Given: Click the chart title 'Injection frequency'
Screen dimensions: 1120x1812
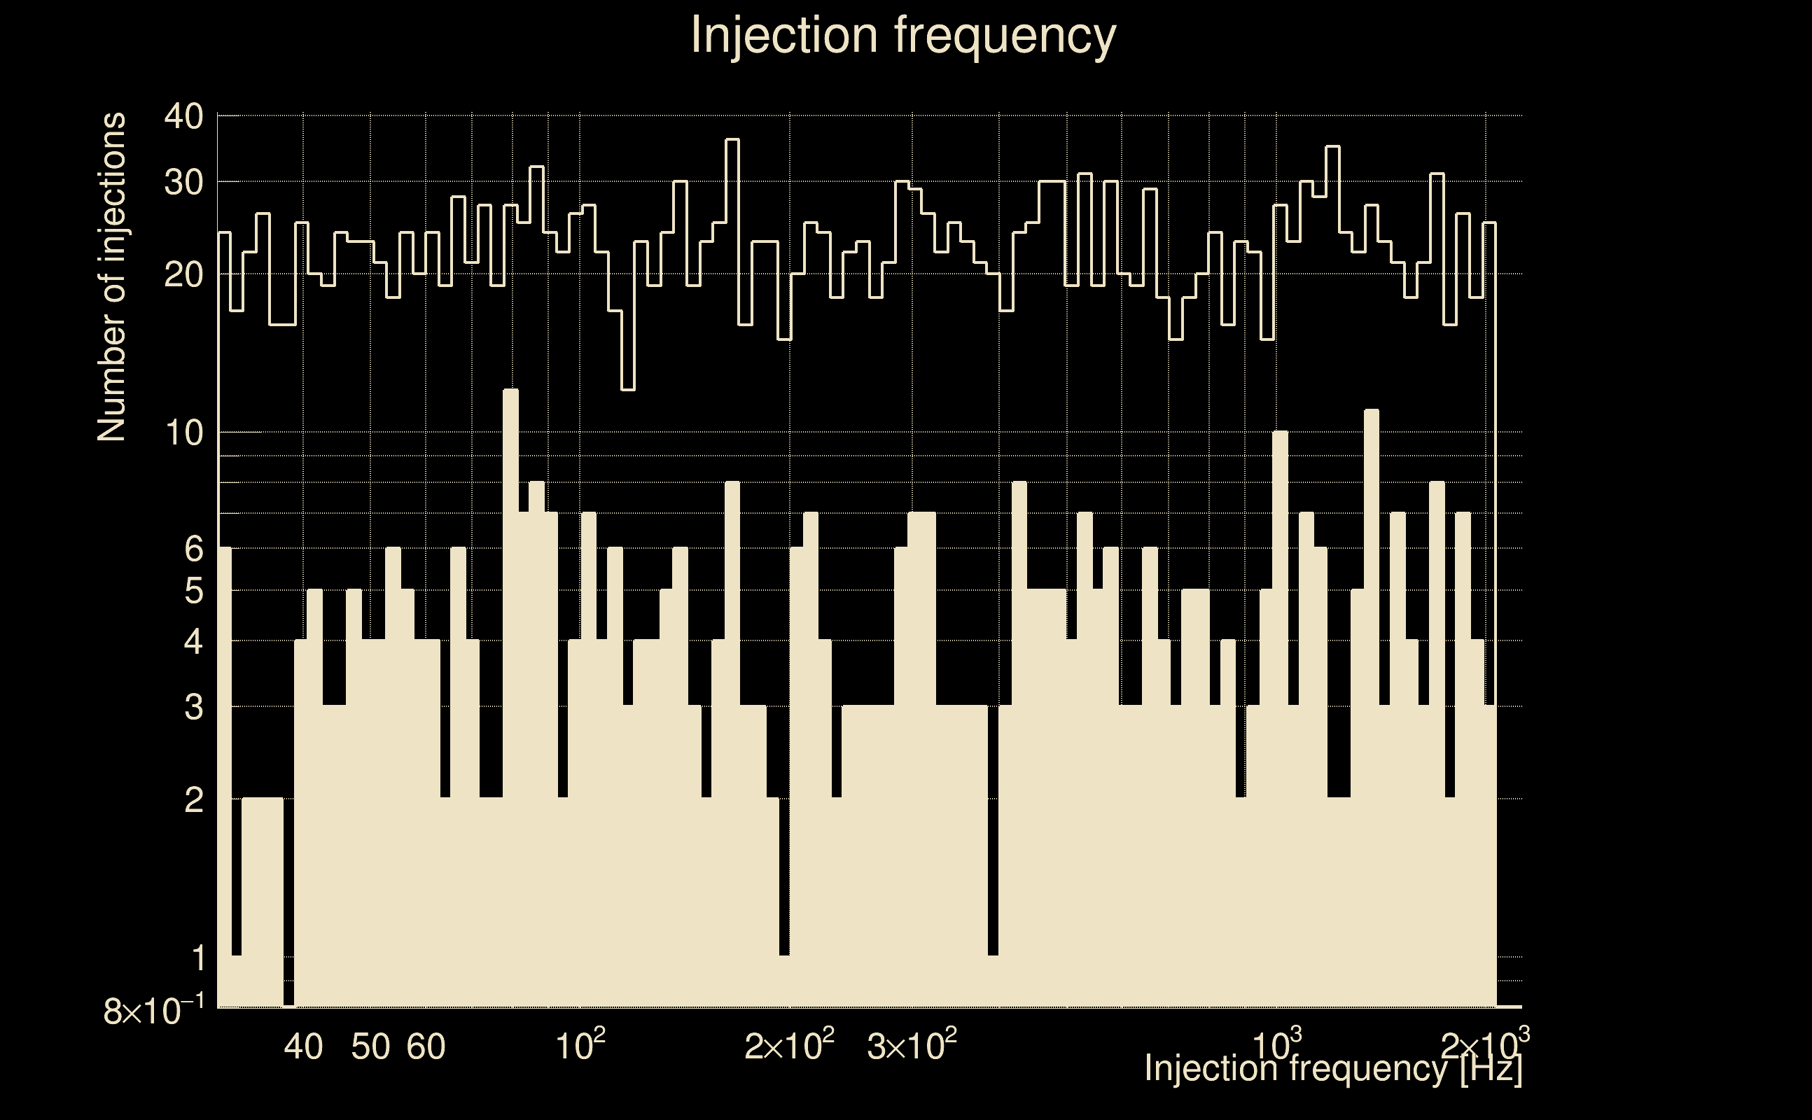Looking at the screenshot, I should point(903,35).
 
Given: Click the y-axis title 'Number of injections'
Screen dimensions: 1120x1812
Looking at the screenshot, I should point(111,277).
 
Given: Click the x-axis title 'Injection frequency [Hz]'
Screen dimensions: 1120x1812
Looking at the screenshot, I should point(1332,1068).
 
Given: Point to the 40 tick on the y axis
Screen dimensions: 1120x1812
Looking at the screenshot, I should point(183,116).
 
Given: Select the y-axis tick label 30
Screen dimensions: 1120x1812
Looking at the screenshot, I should point(183,182).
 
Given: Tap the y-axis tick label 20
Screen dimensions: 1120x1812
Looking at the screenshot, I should point(183,275).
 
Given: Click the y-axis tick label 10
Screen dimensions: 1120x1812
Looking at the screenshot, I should point(183,433).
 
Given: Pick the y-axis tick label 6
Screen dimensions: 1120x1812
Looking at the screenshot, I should point(193,549).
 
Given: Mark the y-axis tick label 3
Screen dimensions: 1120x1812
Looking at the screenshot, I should point(193,708).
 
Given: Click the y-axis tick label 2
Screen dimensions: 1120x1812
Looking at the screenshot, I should point(193,800).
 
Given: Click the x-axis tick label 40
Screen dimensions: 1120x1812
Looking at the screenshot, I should point(304,1046).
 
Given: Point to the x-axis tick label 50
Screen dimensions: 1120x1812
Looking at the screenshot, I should point(370,1046).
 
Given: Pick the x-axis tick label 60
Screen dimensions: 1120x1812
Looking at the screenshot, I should point(426,1046).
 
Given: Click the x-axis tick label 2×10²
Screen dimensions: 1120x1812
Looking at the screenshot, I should point(789,1045).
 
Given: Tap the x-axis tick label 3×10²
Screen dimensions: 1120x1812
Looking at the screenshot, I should point(912,1045).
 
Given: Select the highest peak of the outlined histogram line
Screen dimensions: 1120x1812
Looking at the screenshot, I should point(732,139).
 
